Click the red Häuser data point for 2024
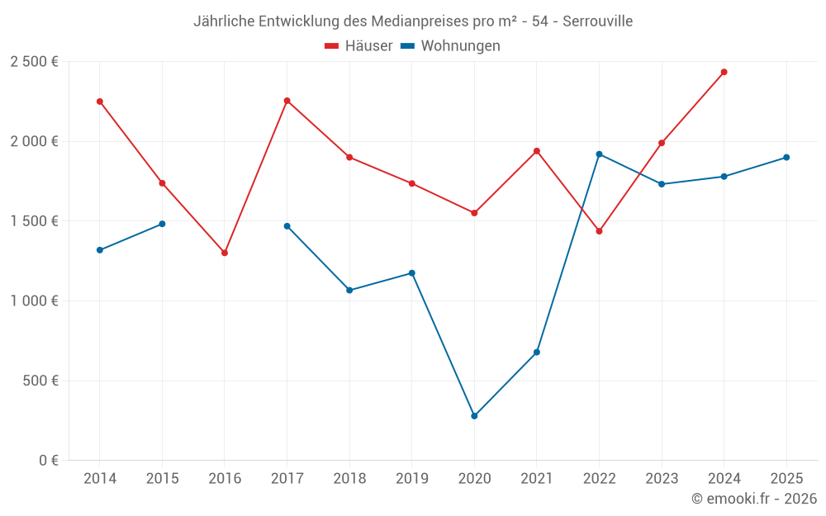pos(724,72)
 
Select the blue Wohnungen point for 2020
pos(474,416)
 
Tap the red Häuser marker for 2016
pos(225,253)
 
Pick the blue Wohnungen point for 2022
pos(599,154)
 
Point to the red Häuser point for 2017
pos(287,101)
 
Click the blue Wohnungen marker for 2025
pos(786,157)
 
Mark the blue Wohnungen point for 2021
pos(537,353)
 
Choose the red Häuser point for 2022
pos(599,231)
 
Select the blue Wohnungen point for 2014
pos(100,250)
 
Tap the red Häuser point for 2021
pos(537,151)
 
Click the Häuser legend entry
pos(358,46)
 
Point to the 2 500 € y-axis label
pos(34,62)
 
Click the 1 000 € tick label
pos(34,301)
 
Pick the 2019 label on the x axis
pos(411,479)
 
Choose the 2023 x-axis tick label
pos(662,479)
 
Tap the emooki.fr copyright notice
pos(754,499)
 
